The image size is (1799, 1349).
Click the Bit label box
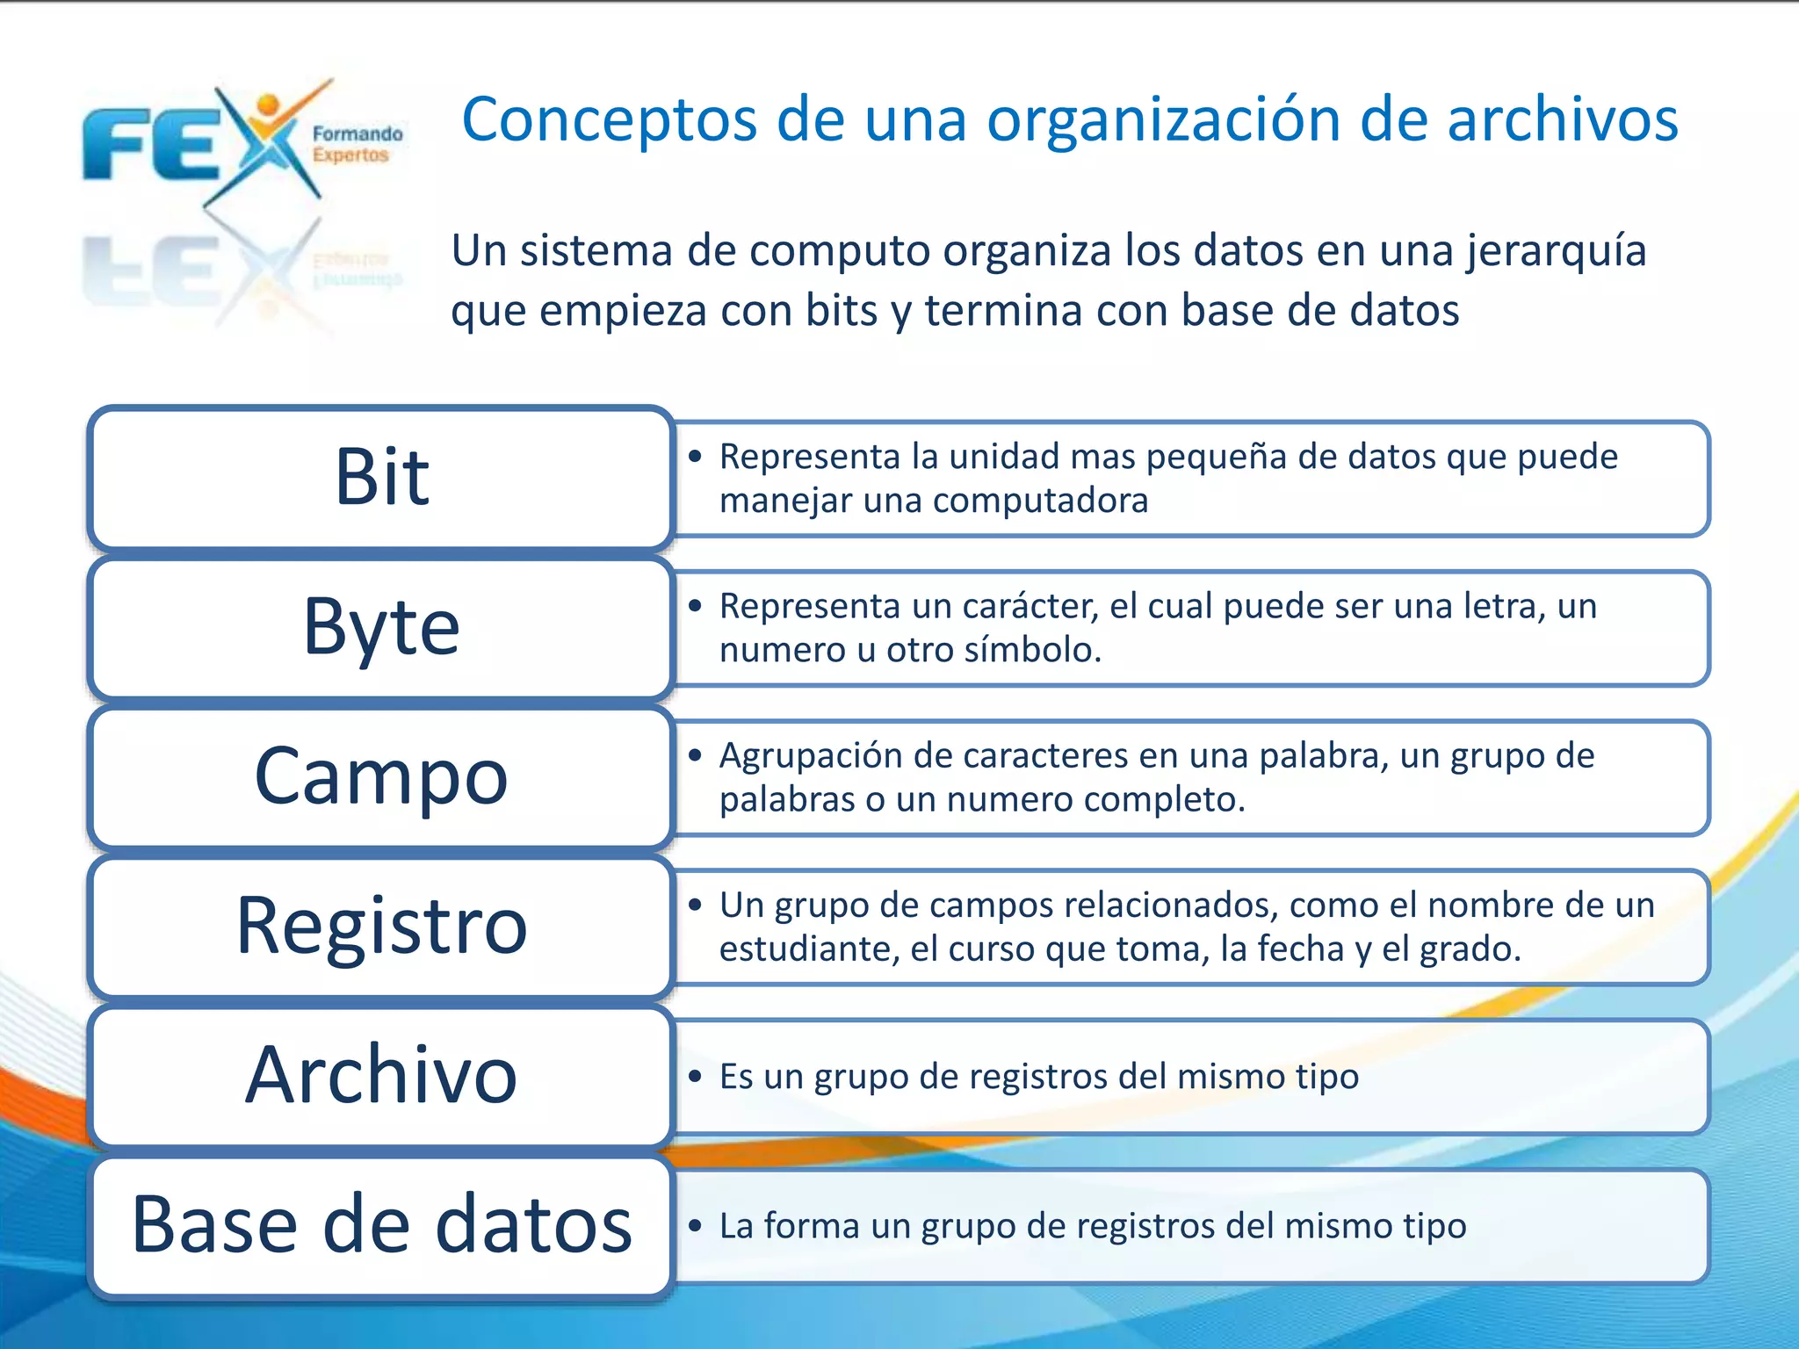coord(380,479)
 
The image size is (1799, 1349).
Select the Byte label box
coord(380,627)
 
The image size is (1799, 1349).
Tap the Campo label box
coord(380,776)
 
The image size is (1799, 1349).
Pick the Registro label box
coord(380,926)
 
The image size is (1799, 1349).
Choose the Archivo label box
coord(380,1075)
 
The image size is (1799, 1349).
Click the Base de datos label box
coord(380,1225)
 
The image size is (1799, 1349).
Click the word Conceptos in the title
coord(609,120)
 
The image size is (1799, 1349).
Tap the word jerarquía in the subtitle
coord(1556,251)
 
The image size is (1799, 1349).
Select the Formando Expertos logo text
coord(357,145)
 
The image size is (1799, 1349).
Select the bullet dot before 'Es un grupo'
coord(695,1077)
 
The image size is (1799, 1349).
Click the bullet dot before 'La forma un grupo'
coord(695,1226)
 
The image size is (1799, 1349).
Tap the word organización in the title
coord(1164,120)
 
